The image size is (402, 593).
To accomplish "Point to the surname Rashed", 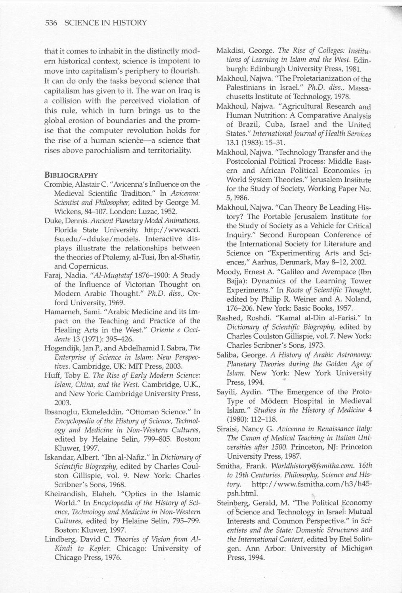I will pos(228,318).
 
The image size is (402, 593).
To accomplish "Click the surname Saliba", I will pos(226,355).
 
